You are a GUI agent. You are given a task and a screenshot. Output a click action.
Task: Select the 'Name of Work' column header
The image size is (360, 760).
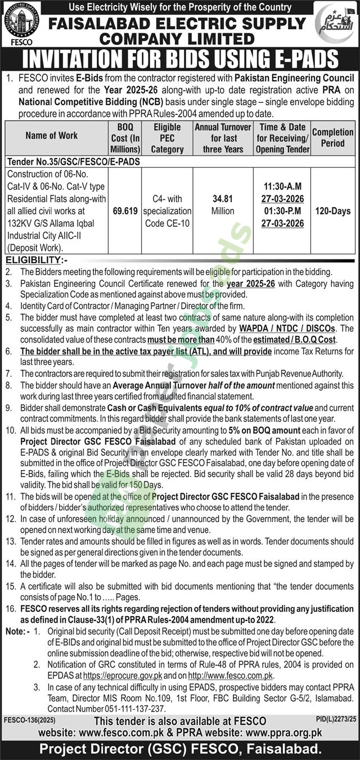[52, 135]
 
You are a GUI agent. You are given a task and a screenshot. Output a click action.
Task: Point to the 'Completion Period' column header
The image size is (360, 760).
[332, 137]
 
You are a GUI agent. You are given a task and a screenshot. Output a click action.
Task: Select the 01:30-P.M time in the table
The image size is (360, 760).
[282, 211]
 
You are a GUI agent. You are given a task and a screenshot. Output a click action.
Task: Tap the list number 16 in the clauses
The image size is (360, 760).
[10, 609]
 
